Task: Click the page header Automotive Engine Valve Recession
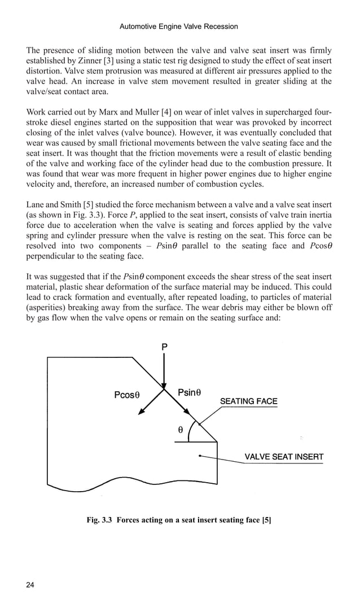pyautogui.click(x=179, y=27)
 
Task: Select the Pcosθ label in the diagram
pyautogui.click(x=127, y=395)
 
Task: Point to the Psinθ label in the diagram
pyautogui.click(x=190, y=392)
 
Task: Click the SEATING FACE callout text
pyautogui.click(x=248, y=401)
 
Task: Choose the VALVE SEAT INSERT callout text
pyautogui.click(x=283, y=457)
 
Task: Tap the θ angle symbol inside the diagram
pyautogui.click(x=180, y=430)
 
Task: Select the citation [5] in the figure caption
pyautogui.click(x=267, y=520)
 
